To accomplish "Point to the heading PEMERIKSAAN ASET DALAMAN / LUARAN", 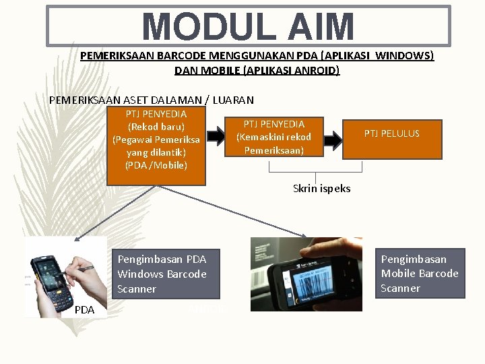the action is click(x=152, y=100).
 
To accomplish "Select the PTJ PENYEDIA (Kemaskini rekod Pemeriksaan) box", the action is click(x=273, y=137).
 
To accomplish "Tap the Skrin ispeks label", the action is click(x=321, y=189).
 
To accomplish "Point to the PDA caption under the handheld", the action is click(x=84, y=310).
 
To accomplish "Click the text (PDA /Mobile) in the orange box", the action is click(x=156, y=165).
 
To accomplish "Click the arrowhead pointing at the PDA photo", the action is click(x=77, y=238).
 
